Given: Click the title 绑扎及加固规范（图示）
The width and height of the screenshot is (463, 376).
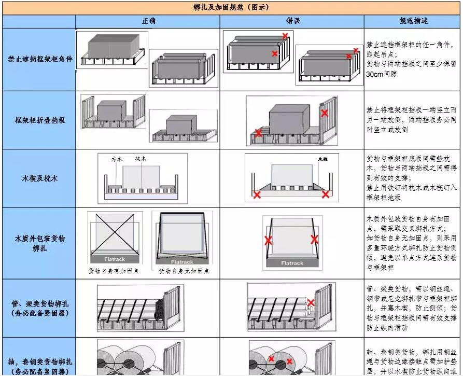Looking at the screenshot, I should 231,8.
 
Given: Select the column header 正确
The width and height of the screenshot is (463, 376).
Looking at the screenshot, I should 148,22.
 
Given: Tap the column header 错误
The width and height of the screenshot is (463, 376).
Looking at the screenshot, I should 292,22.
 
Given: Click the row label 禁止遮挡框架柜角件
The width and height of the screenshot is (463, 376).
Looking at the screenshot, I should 39,60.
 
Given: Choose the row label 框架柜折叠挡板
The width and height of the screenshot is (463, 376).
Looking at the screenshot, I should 39,120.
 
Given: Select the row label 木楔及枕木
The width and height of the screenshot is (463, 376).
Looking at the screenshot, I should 39,178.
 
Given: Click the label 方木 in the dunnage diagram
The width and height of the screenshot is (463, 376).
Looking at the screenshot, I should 116,159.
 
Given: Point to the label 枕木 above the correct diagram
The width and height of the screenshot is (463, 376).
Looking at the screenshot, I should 140,159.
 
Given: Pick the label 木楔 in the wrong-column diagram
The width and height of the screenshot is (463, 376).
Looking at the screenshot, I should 324,157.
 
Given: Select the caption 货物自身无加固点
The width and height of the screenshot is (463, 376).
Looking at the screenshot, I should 184,271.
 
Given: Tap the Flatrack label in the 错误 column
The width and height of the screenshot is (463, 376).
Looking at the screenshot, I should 292,263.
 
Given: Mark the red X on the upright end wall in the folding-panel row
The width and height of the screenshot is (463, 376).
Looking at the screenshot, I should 325,113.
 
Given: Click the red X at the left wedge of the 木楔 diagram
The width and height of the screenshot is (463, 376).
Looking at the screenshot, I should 257,195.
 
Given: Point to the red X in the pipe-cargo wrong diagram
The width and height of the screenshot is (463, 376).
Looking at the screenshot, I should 311,302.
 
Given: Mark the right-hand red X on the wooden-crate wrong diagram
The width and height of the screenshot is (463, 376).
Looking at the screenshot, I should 314,239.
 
